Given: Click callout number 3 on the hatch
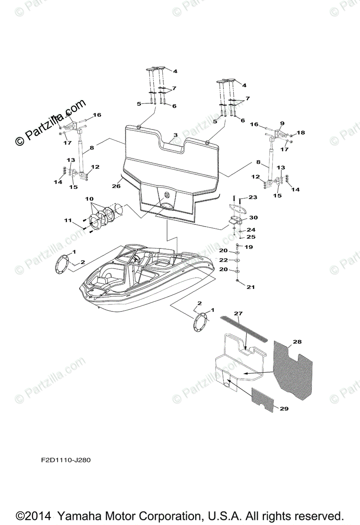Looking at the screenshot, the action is tap(175, 135).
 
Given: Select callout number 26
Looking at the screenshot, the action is tap(116, 186).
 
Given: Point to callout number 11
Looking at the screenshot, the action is tap(68, 220).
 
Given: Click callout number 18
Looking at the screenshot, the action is tap(301, 133).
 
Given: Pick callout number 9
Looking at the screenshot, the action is tap(282, 123).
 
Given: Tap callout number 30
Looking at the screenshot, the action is tap(253, 217).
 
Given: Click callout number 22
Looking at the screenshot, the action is tap(224, 260).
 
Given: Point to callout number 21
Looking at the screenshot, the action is tap(250, 287).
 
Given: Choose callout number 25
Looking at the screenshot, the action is tap(250, 237).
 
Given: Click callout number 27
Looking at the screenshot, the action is tap(238, 313).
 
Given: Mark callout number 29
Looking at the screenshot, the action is tap(284, 409).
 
